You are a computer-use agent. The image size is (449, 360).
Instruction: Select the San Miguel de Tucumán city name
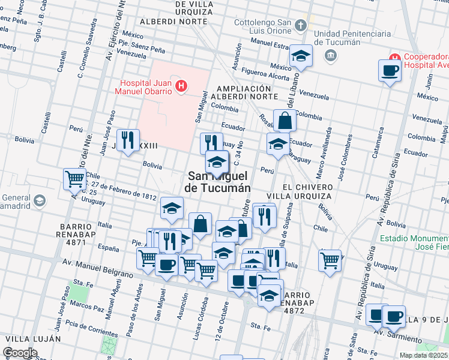tap(218, 181)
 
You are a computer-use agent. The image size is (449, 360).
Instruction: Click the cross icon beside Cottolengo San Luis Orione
tap(301, 25)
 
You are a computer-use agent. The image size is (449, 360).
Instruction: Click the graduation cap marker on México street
tap(300, 56)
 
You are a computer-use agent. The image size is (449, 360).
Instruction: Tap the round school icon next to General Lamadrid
tap(40, 200)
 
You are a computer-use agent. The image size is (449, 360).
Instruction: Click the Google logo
tap(20, 353)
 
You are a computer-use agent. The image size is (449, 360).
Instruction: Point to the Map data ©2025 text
tap(423, 355)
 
